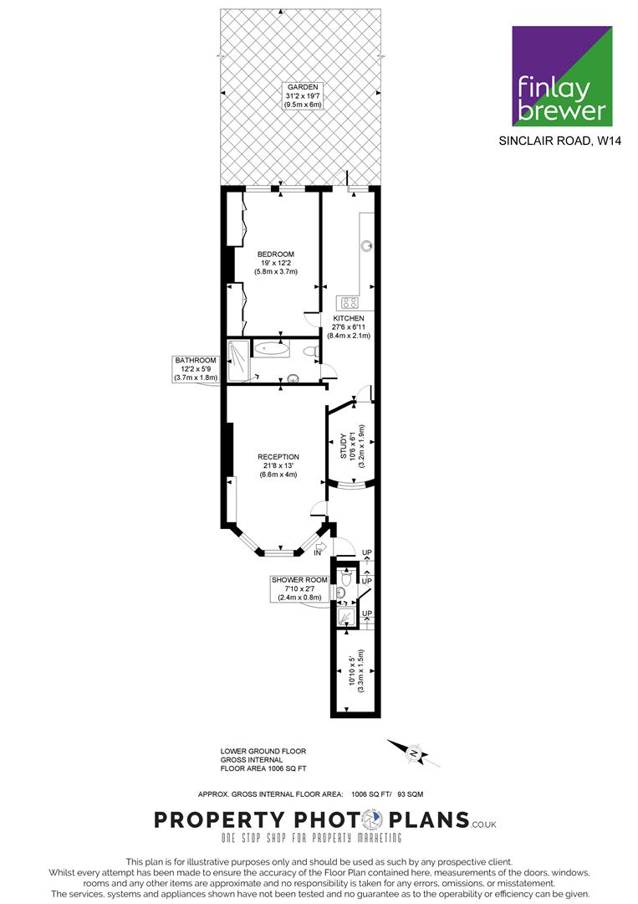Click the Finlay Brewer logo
(x=562, y=75)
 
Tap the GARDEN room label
(x=303, y=87)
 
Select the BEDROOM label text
(x=276, y=254)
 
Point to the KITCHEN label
(x=349, y=318)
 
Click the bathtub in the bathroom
(x=272, y=349)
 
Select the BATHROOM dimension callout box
(x=196, y=369)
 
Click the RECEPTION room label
(x=278, y=457)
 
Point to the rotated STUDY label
(x=344, y=446)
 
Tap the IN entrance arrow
(x=320, y=547)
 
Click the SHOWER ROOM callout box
(x=299, y=588)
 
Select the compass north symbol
(x=413, y=753)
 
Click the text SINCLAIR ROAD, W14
(x=560, y=141)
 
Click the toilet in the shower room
(x=346, y=577)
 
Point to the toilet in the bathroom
(x=311, y=351)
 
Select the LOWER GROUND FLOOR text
(x=263, y=751)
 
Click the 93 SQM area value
(x=410, y=794)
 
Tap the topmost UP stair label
(x=367, y=553)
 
